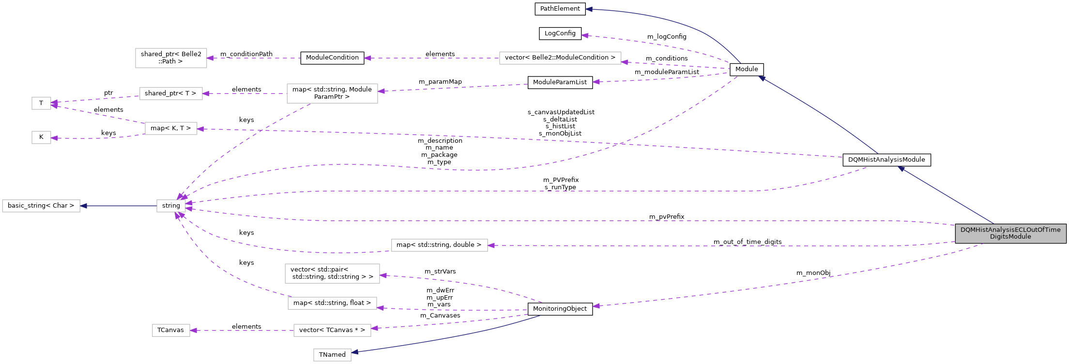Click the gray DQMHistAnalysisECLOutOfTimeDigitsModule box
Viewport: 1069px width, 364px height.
point(1010,233)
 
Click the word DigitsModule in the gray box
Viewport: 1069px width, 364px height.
point(1010,237)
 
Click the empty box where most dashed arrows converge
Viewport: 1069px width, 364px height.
point(171,206)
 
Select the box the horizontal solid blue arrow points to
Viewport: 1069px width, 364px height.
point(41,206)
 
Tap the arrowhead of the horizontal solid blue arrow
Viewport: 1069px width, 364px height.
point(83,206)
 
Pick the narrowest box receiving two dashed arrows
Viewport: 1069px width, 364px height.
point(41,103)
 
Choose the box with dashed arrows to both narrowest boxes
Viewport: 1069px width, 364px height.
point(171,128)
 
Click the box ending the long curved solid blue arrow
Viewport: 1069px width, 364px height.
point(332,355)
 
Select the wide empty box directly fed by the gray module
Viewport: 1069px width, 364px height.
point(439,245)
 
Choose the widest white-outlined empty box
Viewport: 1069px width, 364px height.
point(560,58)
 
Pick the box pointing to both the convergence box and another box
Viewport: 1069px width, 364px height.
point(332,93)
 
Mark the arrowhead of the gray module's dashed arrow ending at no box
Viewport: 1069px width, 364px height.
point(596,306)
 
